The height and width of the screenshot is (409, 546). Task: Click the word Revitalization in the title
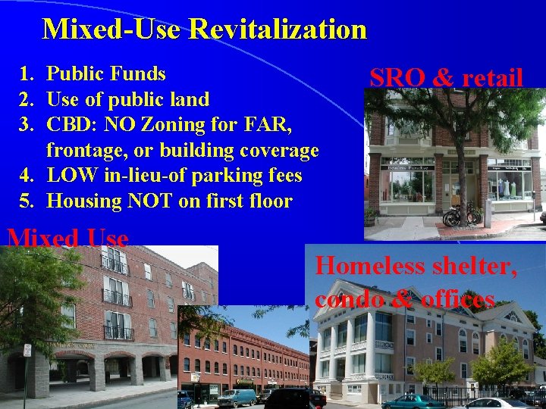[x=278, y=30]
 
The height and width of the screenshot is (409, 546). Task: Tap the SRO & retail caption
[x=446, y=77]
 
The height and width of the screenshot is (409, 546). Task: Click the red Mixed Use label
[x=67, y=239]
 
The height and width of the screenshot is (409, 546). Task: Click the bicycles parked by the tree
[x=461, y=215]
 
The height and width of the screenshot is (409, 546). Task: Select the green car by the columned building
[x=413, y=401]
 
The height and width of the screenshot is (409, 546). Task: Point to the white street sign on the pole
[x=27, y=350]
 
